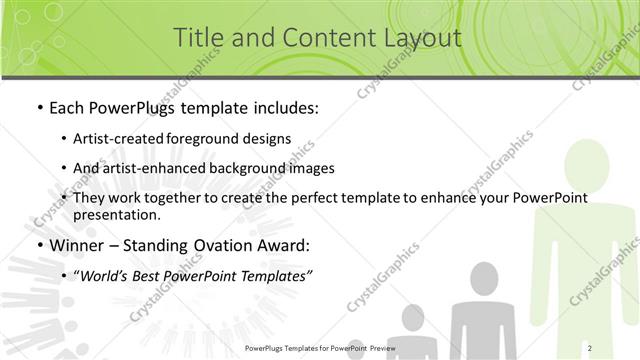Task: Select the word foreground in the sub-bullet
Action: [218, 138]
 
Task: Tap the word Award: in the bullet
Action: [286, 245]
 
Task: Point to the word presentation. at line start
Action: [123, 214]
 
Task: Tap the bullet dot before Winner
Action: [38, 245]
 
